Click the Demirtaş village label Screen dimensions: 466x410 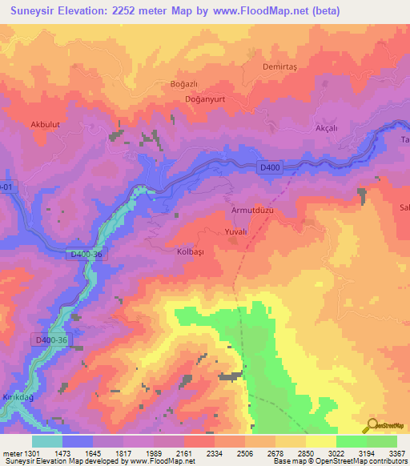click(279, 66)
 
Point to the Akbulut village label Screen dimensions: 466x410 click(46, 125)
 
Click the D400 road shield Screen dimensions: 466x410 click(270, 167)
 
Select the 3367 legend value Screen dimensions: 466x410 click(397, 454)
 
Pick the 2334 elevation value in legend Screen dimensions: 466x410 click(215, 454)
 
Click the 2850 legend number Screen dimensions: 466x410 click(306, 454)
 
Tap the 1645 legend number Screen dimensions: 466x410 click(93, 454)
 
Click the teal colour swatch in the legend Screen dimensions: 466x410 click(47, 441)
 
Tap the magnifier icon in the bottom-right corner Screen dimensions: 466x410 click(370, 426)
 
